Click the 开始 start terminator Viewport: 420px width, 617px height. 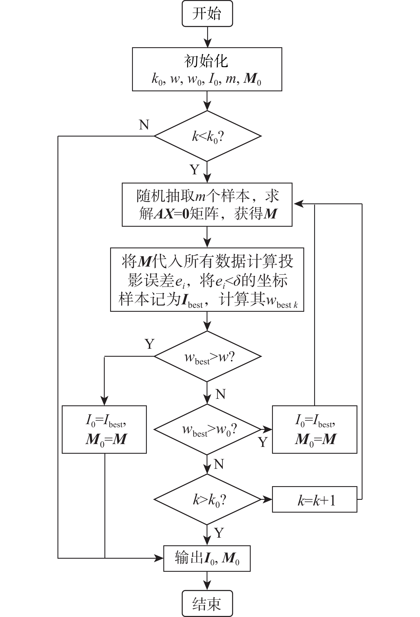point(207,14)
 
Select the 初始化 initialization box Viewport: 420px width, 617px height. point(207,69)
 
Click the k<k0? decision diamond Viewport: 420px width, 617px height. point(207,136)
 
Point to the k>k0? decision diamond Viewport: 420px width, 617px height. point(207,499)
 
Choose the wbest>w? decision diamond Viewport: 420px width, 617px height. point(207,356)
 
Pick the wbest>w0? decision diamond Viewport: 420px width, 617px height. point(207,429)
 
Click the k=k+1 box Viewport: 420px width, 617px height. point(314,500)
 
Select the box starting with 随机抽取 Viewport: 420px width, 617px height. point(207,205)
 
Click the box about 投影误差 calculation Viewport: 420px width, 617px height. point(207,280)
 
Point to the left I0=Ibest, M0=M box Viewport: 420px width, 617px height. point(104,429)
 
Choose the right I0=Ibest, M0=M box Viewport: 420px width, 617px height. point(314,429)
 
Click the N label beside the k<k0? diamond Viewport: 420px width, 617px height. point(144,125)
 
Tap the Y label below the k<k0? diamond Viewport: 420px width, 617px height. point(195,170)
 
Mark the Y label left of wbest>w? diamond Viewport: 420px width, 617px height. point(149,344)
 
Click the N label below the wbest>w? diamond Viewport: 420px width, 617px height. point(221,394)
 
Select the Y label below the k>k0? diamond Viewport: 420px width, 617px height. point(219,533)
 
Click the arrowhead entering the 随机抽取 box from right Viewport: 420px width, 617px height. point(298,204)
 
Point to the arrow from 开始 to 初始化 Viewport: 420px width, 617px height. point(207,37)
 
